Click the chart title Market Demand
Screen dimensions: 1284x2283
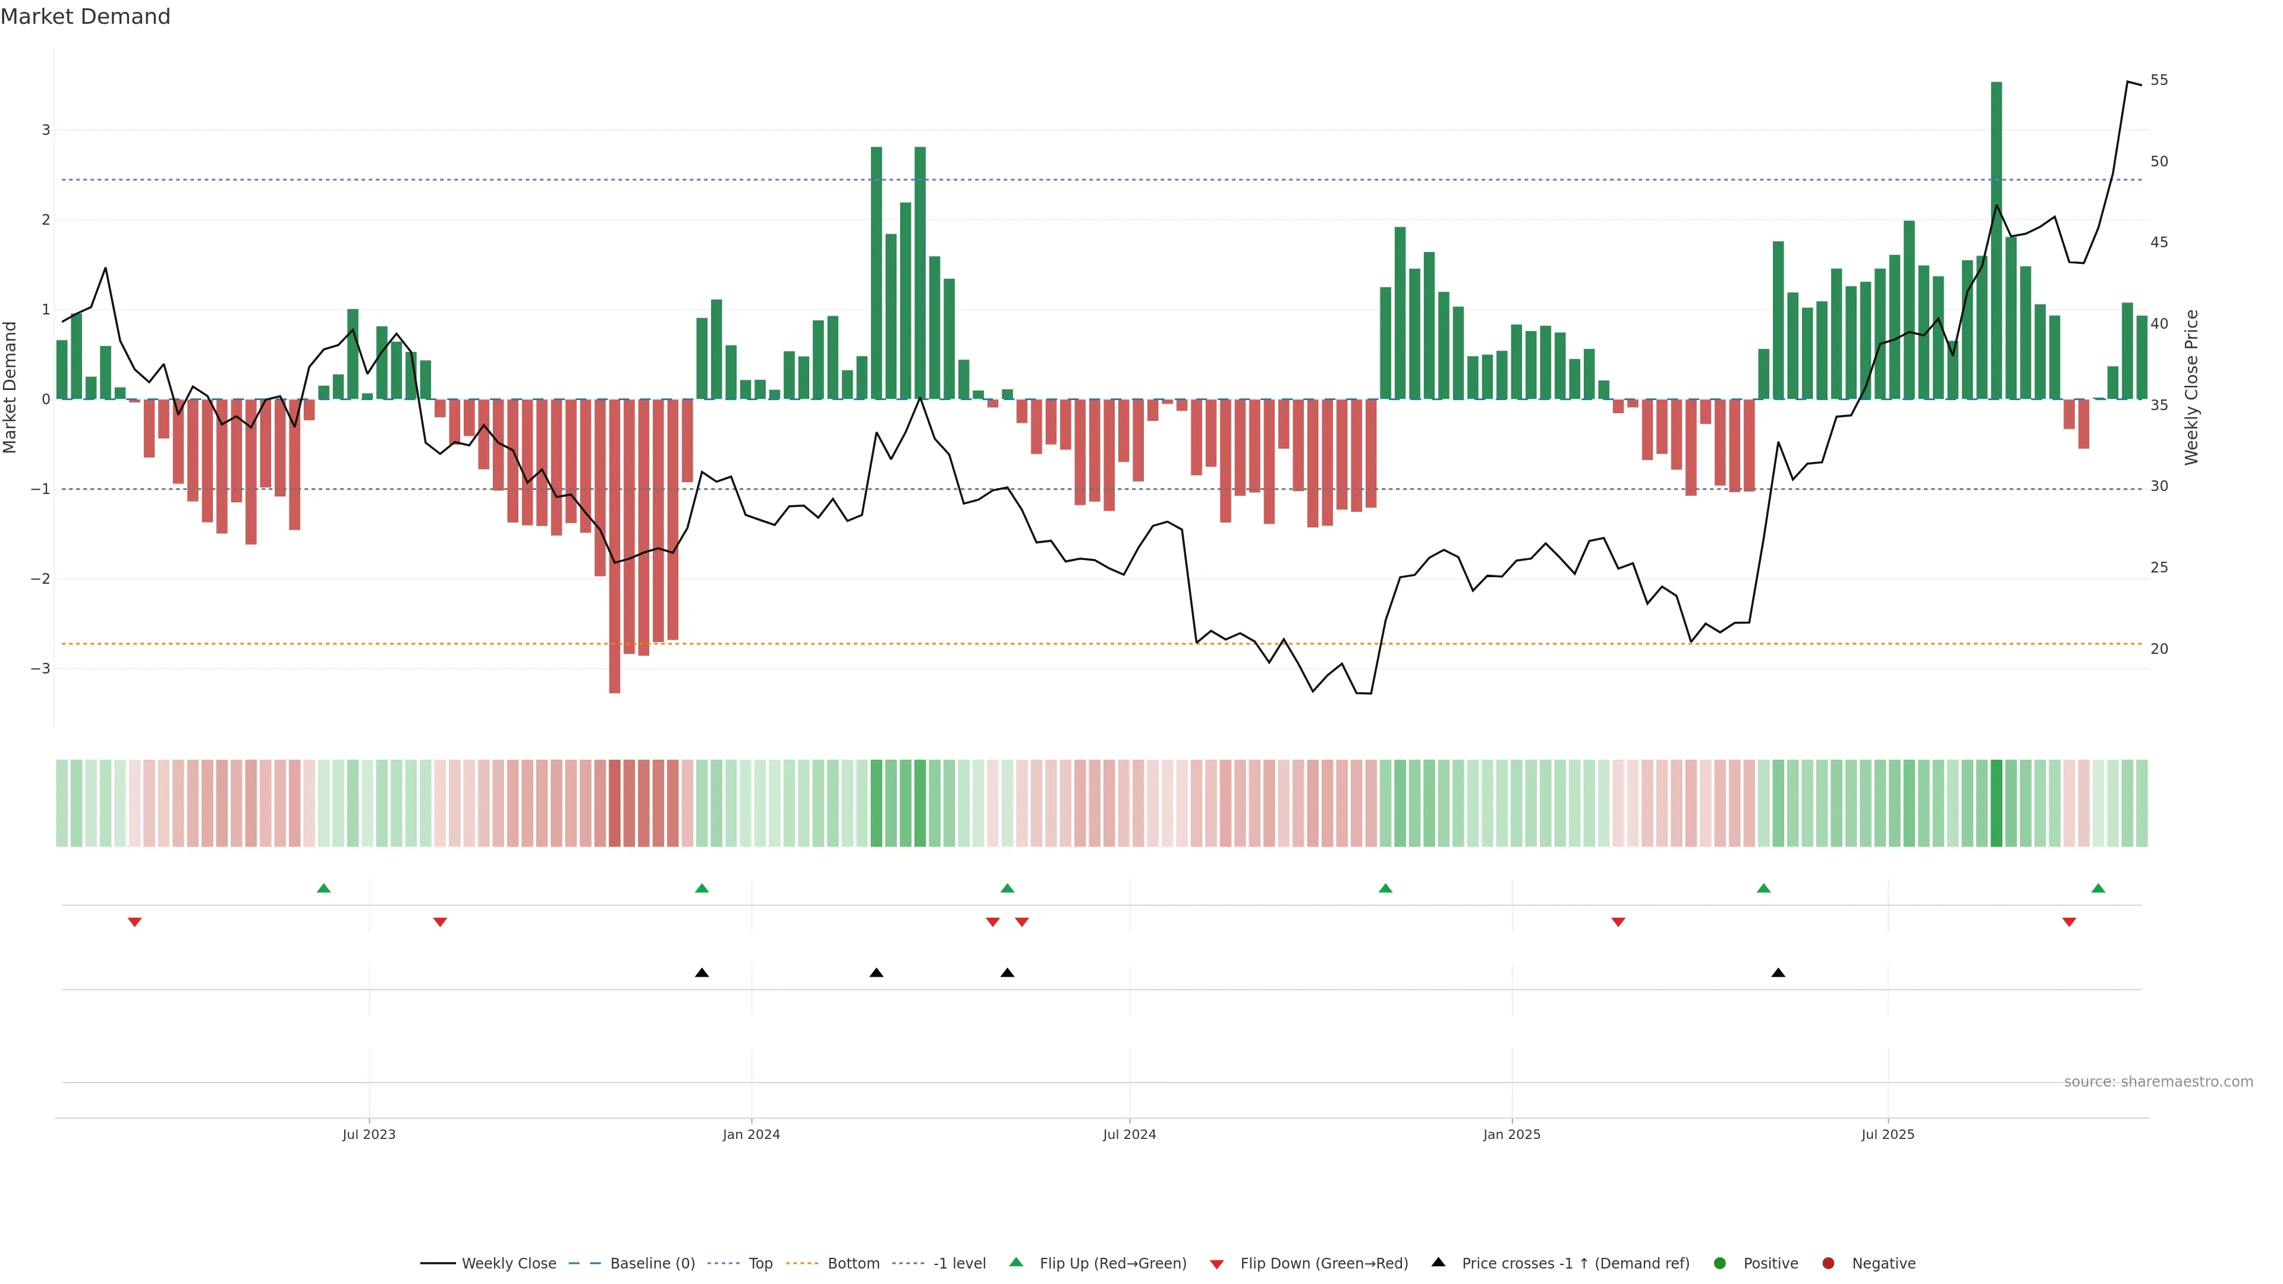tap(85, 17)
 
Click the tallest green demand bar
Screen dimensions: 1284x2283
tap(1996, 239)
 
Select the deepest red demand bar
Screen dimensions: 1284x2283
tap(614, 545)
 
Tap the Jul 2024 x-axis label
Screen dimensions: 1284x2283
tap(1129, 1134)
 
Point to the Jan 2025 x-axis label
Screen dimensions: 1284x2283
tap(1511, 1134)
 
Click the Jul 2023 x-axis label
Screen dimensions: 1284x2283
tap(369, 1134)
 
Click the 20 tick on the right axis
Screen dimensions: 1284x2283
tap(2159, 649)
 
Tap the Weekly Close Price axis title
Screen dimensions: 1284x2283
tap(2191, 387)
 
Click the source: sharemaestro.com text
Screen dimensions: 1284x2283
tap(2158, 1082)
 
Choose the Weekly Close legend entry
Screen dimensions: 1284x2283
tap(508, 1264)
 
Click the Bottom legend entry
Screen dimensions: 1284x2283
tap(853, 1264)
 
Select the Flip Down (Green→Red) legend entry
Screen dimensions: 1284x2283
tap(1323, 1264)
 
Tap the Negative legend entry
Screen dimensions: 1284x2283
tap(1882, 1264)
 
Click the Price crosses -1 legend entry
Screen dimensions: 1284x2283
tap(1574, 1264)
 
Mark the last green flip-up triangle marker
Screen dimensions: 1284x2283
tap(2098, 888)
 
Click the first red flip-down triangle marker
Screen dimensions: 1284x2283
tap(135, 923)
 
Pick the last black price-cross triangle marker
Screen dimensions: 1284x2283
tap(1778, 973)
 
